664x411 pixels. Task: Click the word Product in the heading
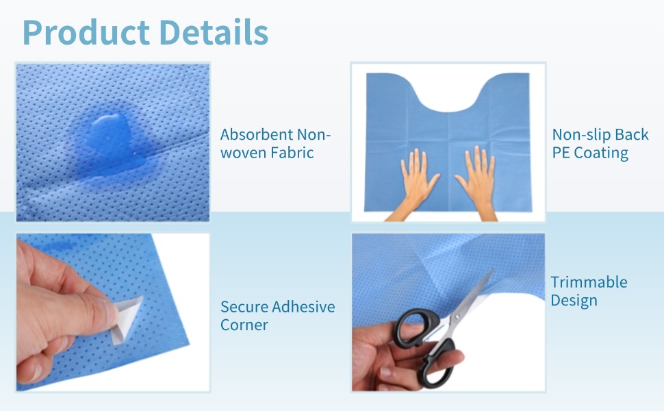[x=86, y=33]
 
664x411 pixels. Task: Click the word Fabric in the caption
[x=292, y=153]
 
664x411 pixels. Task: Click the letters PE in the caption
[x=561, y=153]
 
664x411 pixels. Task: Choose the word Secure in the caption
[x=244, y=307]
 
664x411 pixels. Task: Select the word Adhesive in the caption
[x=303, y=307]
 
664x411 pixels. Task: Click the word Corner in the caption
[x=244, y=325]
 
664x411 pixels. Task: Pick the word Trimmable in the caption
[x=589, y=282]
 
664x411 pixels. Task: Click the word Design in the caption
[x=574, y=301]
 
